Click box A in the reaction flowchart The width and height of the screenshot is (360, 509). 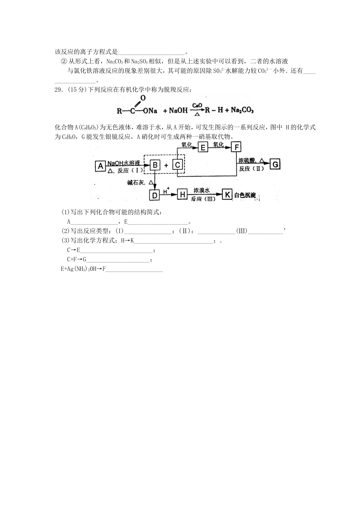(x=100, y=166)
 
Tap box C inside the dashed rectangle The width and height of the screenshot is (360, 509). (x=178, y=165)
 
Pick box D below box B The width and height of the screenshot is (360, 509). (x=154, y=195)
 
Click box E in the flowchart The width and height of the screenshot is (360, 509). (x=203, y=147)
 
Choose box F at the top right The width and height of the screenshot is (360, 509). (x=236, y=147)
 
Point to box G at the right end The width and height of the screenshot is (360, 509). (x=275, y=164)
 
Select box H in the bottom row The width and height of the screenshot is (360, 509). (x=182, y=195)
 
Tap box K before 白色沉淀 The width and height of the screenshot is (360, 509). (x=227, y=195)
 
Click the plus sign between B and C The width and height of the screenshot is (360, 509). (x=166, y=165)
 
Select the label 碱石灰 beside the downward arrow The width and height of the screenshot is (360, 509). (x=136, y=183)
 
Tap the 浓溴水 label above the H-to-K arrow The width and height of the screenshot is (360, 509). (x=201, y=190)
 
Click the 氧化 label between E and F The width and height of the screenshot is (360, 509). (x=219, y=145)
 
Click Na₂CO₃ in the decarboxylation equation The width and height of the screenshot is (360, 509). (x=242, y=110)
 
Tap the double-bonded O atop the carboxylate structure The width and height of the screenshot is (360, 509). (x=142, y=98)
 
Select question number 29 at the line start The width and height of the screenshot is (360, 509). (x=58, y=89)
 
